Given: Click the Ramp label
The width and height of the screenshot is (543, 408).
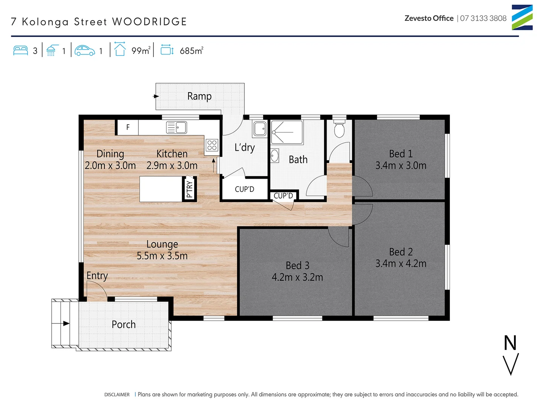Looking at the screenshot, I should (x=199, y=96).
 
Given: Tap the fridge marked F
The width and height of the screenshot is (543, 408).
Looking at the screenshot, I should (x=128, y=127).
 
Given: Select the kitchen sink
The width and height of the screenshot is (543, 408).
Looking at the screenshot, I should (x=176, y=127).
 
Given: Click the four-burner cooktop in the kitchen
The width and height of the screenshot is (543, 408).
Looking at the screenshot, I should (x=212, y=145).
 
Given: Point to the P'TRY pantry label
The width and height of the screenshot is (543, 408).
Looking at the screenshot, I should (x=189, y=189).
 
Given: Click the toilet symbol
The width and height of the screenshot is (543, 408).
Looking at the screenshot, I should (x=339, y=130).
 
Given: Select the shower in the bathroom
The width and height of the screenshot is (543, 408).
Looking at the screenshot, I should (x=287, y=132).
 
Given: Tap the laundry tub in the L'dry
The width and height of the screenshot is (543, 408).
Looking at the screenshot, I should (x=260, y=128).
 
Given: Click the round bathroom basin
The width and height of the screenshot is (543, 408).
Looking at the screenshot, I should (x=275, y=156).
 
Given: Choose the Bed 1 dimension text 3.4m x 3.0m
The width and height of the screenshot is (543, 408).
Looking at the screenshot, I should (x=401, y=165).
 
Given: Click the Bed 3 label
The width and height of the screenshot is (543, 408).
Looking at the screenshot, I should (x=297, y=266).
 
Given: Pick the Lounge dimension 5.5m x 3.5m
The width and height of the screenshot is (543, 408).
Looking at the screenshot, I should (x=162, y=256).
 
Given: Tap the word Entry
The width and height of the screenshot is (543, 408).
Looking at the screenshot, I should (x=97, y=276).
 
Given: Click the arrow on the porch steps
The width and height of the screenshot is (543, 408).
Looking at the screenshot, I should (x=66, y=323).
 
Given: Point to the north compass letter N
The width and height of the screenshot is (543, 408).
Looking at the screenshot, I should (x=510, y=343).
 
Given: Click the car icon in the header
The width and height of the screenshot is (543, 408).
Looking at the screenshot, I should (x=85, y=51).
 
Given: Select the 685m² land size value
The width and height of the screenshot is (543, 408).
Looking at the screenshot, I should (x=192, y=51).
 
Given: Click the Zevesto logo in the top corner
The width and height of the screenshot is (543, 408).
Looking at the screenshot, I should (x=522, y=17).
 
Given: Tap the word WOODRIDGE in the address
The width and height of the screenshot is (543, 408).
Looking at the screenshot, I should (x=150, y=22).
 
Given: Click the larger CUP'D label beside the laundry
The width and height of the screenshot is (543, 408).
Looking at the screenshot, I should (x=244, y=189).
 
